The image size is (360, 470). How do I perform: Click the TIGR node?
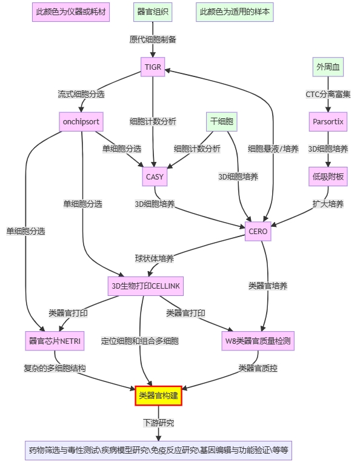[x=153, y=67]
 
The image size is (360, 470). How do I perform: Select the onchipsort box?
[x=81, y=122]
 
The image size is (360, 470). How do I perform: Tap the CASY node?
[x=155, y=176]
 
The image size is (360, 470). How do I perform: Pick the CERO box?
[x=258, y=232]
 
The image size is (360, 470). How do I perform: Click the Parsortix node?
[x=328, y=122]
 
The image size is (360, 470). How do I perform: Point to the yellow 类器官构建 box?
[x=158, y=395]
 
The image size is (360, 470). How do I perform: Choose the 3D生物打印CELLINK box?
[x=145, y=286]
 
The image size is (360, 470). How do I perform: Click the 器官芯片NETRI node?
[x=55, y=341]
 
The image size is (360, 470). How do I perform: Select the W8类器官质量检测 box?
[x=258, y=341]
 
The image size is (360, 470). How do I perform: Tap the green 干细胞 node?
[x=222, y=122]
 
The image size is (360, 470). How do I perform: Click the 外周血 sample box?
[x=328, y=67]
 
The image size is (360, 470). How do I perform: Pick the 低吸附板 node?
[x=328, y=176]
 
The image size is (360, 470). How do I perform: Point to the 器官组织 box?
[x=153, y=12]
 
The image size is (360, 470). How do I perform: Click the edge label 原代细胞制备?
[x=153, y=39]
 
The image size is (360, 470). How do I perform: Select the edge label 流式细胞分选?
[x=81, y=94]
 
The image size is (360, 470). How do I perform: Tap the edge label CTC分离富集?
[x=328, y=94]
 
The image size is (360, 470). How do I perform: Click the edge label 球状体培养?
[x=155, y=259]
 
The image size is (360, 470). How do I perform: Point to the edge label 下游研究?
[x=158, y=423]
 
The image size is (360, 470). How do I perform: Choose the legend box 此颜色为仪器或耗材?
[x=71, y=12]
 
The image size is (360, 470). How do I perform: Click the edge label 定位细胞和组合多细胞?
[x=140, y=341]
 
